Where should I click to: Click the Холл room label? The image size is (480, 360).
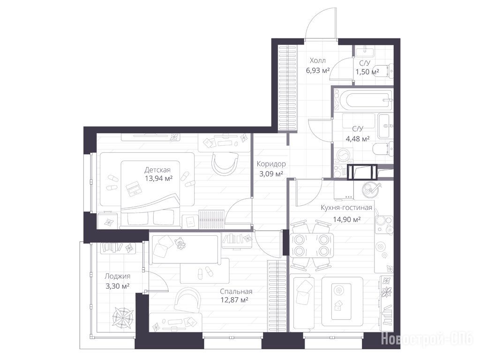(318, 60)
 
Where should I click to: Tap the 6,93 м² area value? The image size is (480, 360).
(318, 71)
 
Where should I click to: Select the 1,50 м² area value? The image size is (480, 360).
(367, 72)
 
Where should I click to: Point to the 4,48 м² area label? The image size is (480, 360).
(358, 139)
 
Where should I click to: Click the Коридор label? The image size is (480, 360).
(271, 164)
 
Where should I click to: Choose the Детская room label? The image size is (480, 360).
(157, 170)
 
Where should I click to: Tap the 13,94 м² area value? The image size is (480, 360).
(158, 178)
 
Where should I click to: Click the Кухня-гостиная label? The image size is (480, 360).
(346, 208)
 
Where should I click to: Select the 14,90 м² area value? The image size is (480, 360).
(346, 219)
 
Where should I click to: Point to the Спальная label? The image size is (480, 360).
(236, 292)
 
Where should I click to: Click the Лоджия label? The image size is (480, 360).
(117, 276)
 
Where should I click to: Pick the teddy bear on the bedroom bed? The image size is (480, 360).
(180, 243)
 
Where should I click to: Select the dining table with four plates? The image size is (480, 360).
(311, 246)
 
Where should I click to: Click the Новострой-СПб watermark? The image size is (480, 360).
(427, 339)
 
